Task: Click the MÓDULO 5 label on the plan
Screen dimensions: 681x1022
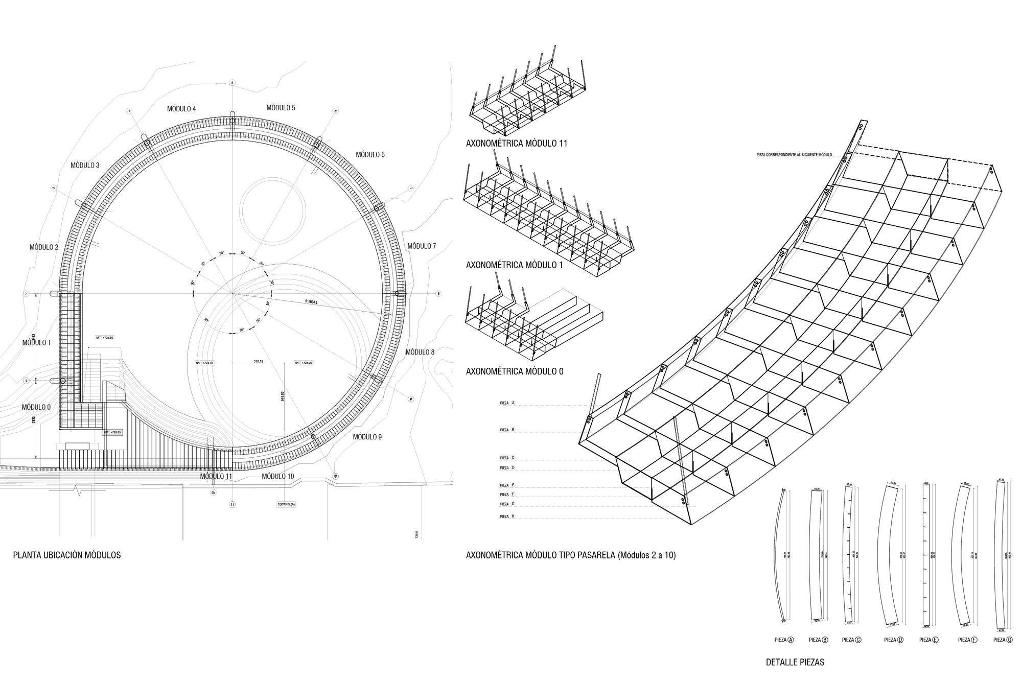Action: point(281,108)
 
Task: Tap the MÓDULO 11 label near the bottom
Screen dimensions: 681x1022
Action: point(216,476)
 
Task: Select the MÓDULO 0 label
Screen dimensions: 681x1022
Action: point(36,407)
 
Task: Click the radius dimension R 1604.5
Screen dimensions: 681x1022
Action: point(311,302)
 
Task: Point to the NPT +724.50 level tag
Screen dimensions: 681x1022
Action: point(104,338)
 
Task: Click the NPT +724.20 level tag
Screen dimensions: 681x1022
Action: point(304,363)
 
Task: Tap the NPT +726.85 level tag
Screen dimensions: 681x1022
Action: point(112,432)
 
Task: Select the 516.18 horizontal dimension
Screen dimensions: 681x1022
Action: point(258,361)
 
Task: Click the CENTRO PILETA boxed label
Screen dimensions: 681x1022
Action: point(286,504)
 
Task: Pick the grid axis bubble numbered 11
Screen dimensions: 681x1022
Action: point(232,504)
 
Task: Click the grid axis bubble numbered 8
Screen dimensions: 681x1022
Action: point(438,294)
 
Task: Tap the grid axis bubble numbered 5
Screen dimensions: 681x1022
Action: point(232,82)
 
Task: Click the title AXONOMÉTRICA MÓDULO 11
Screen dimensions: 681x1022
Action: point(516,144)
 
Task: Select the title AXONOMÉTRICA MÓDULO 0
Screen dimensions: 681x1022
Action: point(514,371)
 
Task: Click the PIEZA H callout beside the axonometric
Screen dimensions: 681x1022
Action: point(507,516)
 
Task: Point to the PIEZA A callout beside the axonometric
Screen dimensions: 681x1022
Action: point(507,403)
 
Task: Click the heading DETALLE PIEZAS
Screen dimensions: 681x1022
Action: point(795,662)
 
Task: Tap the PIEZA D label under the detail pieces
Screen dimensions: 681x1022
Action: point(893,640)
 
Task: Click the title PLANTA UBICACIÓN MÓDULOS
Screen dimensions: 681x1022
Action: point(67,555)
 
